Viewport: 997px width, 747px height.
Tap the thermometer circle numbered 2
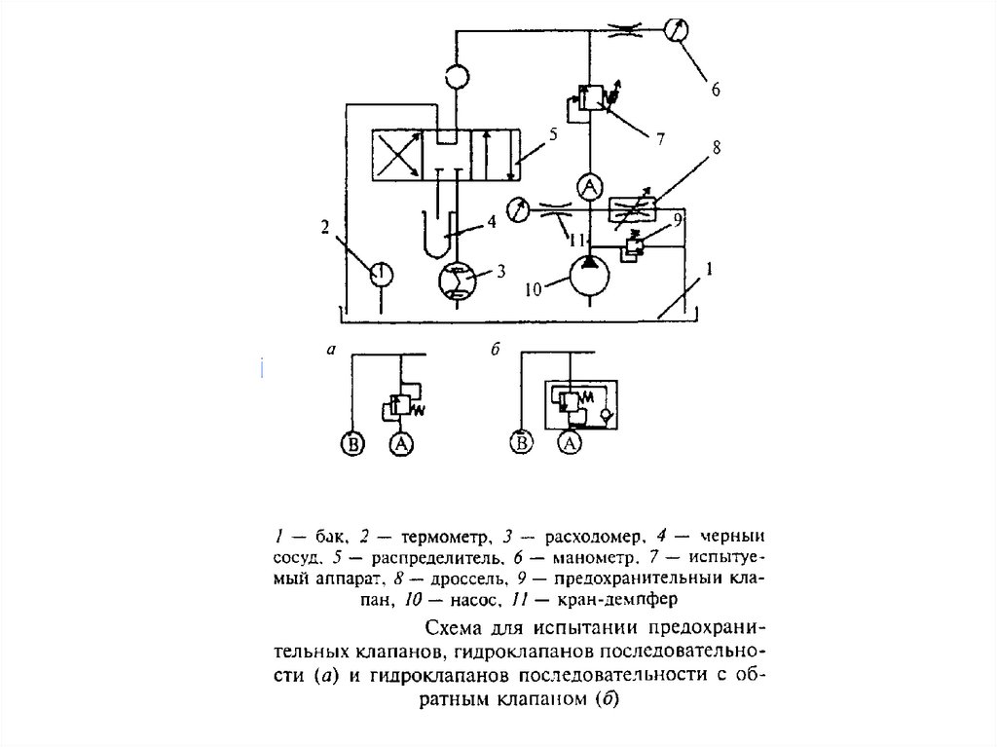[381, 274]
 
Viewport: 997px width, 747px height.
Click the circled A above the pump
[589, 185]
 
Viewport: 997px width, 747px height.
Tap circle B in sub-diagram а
[351, 445]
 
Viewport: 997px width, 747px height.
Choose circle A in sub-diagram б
[571, 445]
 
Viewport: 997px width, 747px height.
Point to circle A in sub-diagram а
[399, 445]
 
